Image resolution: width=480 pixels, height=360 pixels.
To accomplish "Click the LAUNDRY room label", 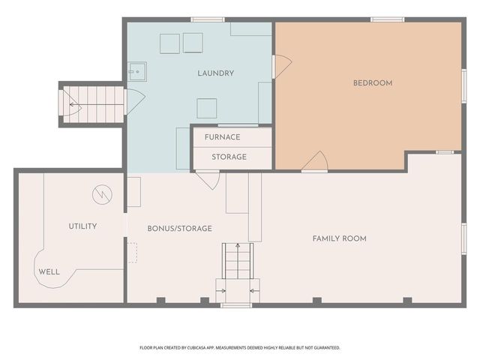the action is point(215,73).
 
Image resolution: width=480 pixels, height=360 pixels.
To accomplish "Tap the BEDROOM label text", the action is point(373,83).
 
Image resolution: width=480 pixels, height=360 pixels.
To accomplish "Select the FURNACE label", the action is point(222,137).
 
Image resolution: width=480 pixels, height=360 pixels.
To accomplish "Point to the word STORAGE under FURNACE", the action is point(229,157).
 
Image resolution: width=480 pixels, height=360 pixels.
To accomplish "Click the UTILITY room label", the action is point(82,226).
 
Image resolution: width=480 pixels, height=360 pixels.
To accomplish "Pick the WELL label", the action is point(49,271).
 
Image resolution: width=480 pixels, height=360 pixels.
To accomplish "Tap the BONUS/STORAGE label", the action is point(180,228).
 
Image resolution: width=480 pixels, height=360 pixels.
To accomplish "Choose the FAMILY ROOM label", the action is point(339,238).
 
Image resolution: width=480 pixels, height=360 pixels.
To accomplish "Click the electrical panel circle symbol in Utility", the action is point(102,195).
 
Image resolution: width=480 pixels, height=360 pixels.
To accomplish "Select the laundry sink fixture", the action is point(136,72).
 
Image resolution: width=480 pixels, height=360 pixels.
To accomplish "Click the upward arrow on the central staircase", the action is point(238,261).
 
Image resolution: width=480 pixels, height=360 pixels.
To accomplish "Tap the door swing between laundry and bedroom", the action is point(283,67).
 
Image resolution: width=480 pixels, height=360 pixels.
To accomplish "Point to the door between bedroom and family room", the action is point(315,160).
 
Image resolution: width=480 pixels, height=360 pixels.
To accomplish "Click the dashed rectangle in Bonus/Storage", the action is point(132,253).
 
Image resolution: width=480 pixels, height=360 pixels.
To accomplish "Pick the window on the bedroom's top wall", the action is point(387,20).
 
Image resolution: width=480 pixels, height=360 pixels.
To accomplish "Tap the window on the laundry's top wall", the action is point(208,20).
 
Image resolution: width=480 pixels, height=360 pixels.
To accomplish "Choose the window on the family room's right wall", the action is point(464,238).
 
